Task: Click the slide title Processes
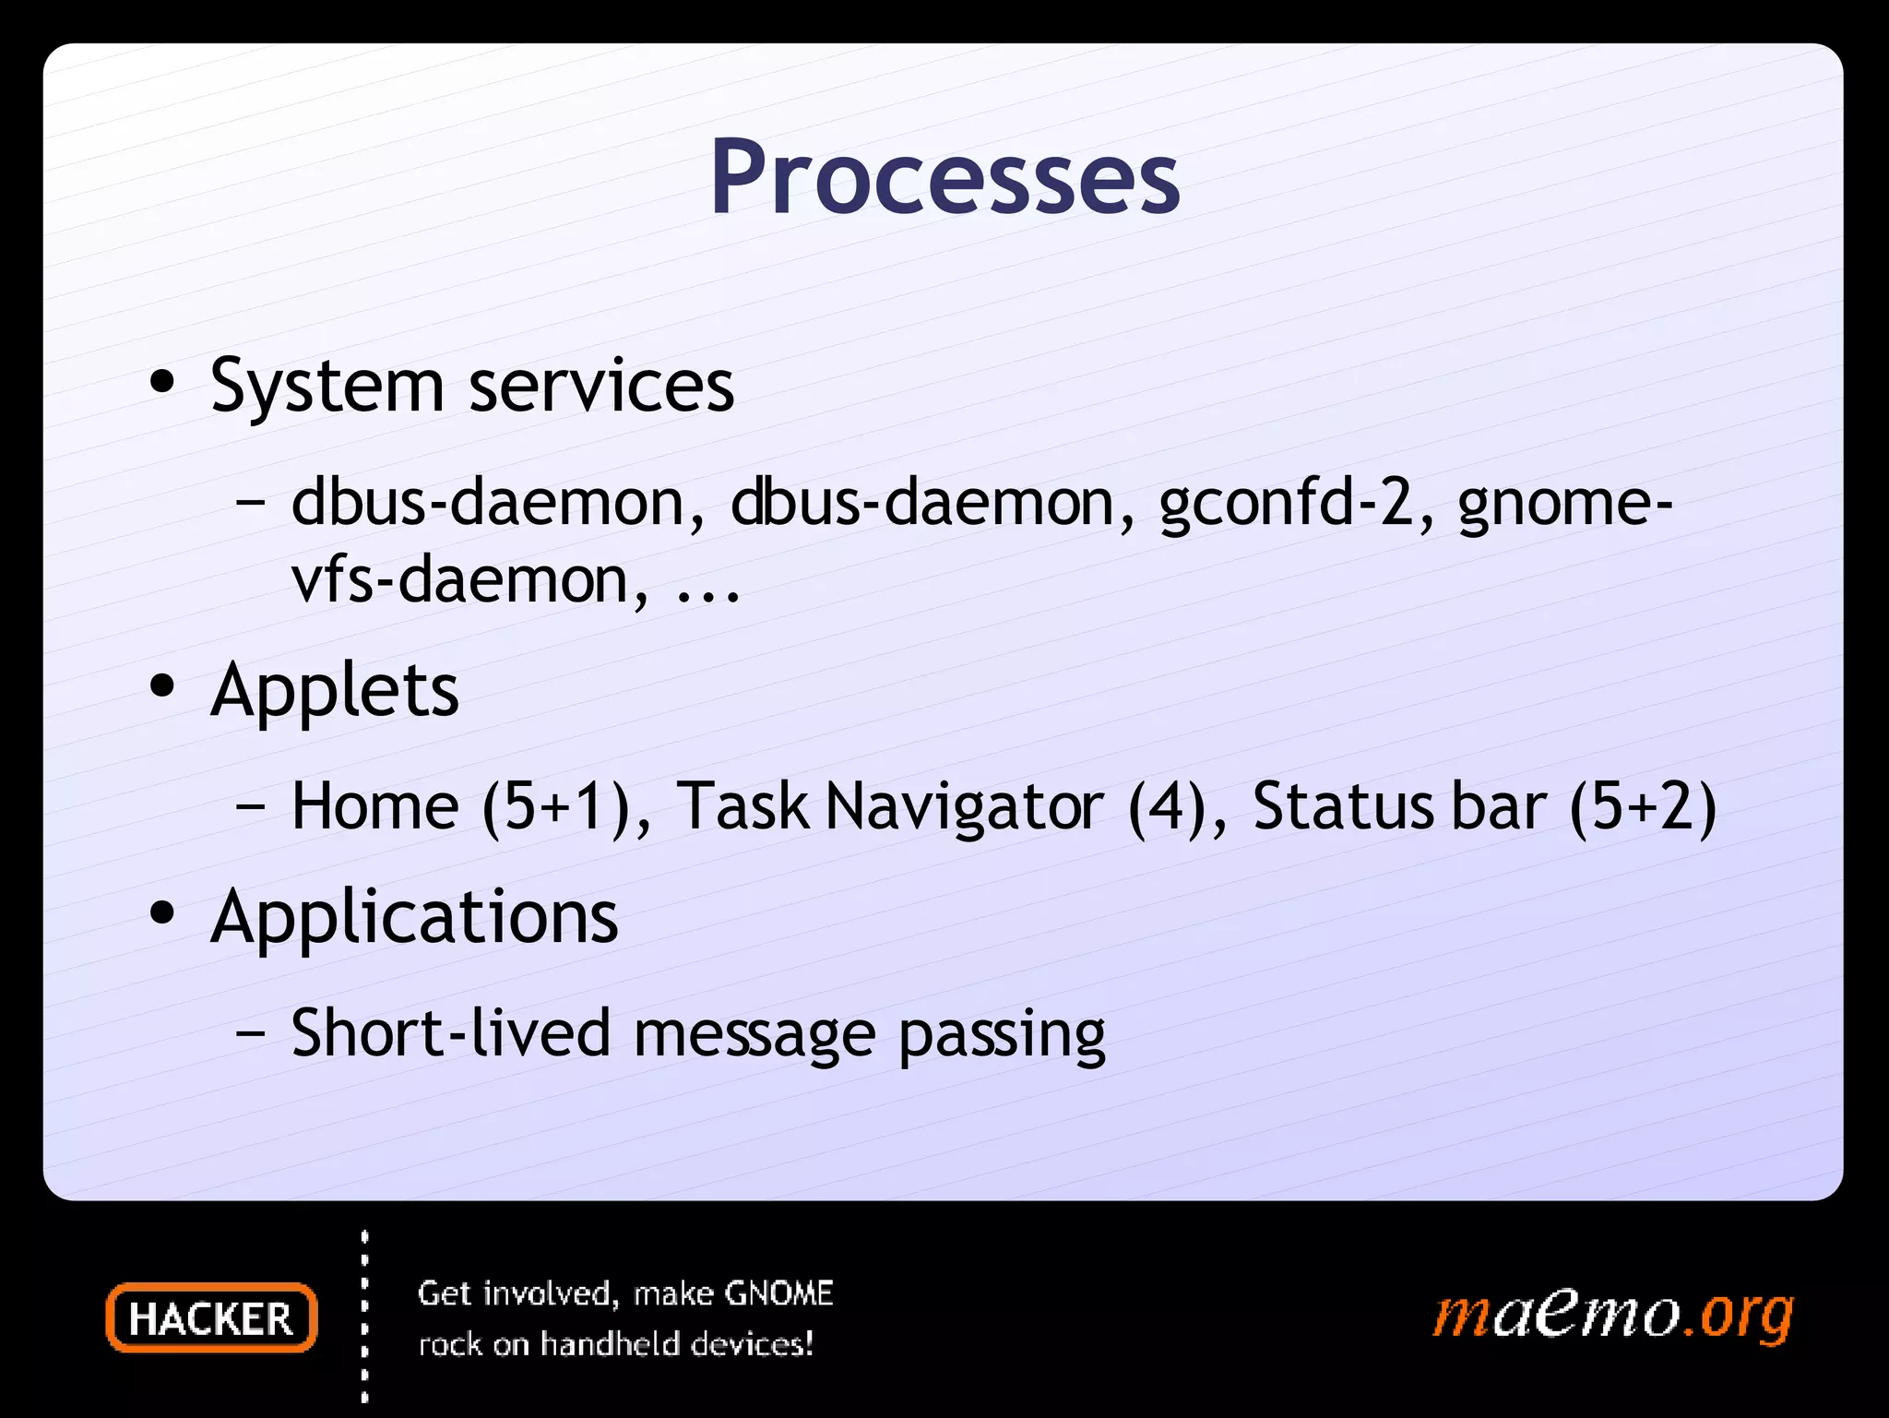pyautogui.click(x=944, y=177)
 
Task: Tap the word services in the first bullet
pyautogui.click(x=601, y=386)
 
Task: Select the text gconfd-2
pyautogui.click(x=1286, y=505)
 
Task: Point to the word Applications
pyautogui.click(x=414, y=918)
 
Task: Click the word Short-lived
pyautogui.click(x=450, y=1033)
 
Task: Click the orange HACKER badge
pyautogui.click(x=211, y=1318)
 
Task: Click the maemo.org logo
pyautogui.click(x=1612, y=1315)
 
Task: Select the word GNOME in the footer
pyautogui.click(x=778, y=1293)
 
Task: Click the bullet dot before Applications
pyautogui.click(x=162, y=914)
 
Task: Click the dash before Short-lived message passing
pyautogui.click(x=250, y=1033)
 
